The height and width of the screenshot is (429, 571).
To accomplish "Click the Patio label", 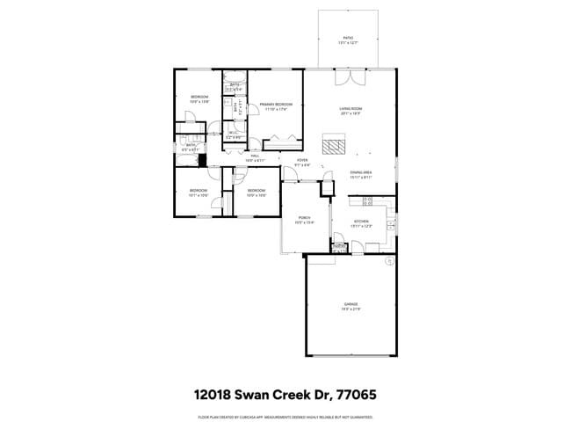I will (348, 40).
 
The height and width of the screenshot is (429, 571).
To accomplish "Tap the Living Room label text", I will (351, 111).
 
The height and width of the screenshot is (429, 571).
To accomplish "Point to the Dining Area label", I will (361, 174).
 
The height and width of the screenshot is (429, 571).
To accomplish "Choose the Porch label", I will (303, 220).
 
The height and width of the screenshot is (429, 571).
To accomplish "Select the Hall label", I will (255, 159).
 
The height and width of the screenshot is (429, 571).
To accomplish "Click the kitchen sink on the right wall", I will (391, 227).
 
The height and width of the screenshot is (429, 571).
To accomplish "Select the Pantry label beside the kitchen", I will (340, 248).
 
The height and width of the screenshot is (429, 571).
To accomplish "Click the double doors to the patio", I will (350, 77).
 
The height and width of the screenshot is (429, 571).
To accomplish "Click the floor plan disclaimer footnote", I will (285, 417).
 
